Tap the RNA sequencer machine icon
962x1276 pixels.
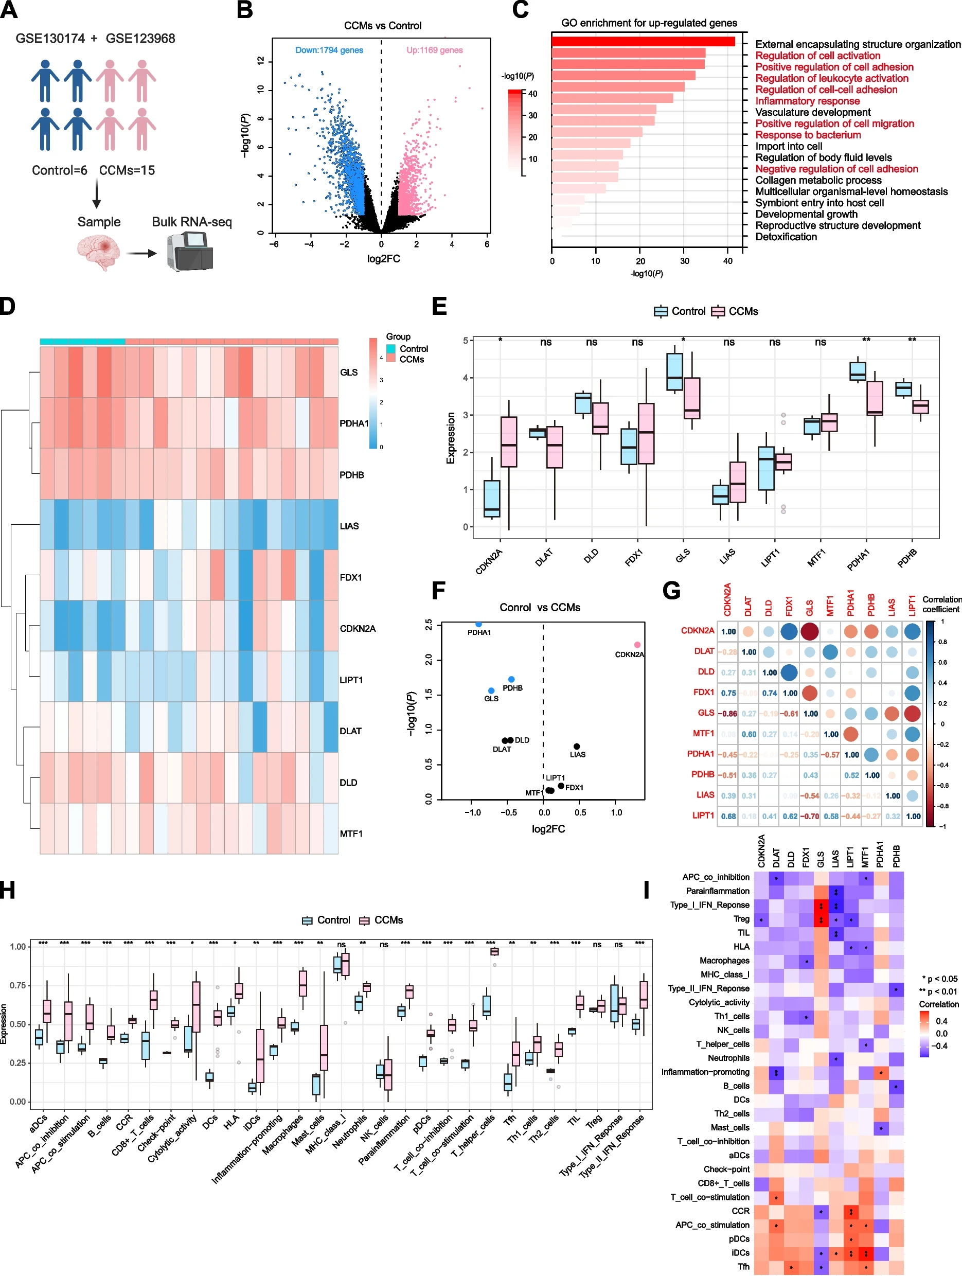coord(190,251)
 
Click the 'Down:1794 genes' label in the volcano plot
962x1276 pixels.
coord(329,50)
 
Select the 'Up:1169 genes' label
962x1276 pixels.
coord(434,50)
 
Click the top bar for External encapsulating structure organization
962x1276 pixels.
coord(643,42)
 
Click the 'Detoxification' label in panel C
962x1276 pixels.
coord(786,237)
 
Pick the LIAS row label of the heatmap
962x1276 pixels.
coord(349,526)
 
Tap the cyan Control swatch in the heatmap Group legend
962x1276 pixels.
coord(391,348)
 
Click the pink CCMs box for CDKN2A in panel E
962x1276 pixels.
coord(509,441)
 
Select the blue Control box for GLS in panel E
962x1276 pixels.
coord(674,372)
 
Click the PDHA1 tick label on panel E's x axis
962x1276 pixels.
coord(858,560)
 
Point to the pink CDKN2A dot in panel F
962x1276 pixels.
coord(637,644)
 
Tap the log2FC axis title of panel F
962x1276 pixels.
coord(548,829)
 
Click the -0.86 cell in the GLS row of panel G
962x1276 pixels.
coord(728,714)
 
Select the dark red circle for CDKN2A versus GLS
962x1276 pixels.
coord(810,631)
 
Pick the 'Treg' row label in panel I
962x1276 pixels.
coord(741,919)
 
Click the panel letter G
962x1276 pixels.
coord(671,591)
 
